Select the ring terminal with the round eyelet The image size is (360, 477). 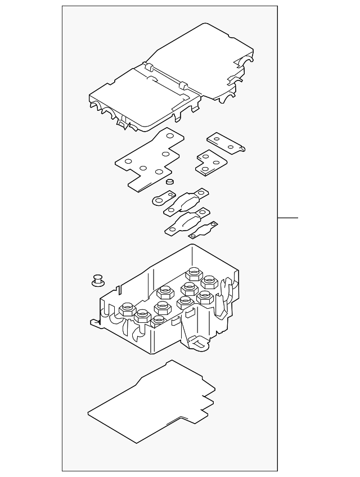click(162, 199)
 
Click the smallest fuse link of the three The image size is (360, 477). click(202, 231)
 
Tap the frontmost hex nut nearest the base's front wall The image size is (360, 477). click(159, 321)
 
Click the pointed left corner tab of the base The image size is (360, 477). click(94, 323)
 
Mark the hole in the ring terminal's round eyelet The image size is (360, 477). click(157, 199)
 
